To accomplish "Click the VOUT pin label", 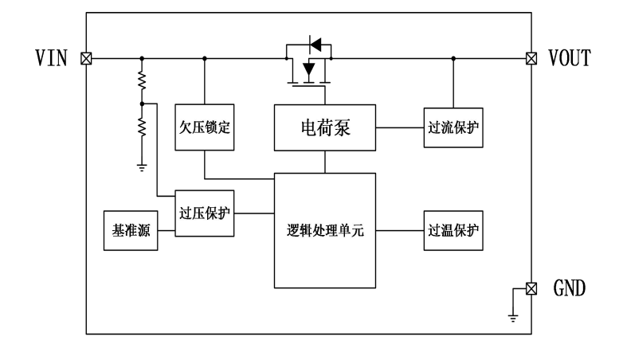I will click(570, 58).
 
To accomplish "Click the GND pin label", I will click(567, 288).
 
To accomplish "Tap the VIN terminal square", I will click(86, 58).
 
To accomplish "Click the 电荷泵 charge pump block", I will click(325, 127).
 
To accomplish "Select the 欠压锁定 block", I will click(205, 127).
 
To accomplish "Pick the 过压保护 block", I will click(205, 213).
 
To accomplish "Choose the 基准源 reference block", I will click(131, 231).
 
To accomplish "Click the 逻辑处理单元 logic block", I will click(325, 231).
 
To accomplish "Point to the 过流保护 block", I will click(453, 127).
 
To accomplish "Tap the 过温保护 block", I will click(453, 231).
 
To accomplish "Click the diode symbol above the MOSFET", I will click(315, 42).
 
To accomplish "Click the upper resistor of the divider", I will click(142, 80).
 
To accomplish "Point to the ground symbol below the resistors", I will click(142, 166).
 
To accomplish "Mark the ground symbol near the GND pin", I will click(513, 318).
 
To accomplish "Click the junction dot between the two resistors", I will click(142, 104).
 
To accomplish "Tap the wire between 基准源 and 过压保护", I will click(166, 231).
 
